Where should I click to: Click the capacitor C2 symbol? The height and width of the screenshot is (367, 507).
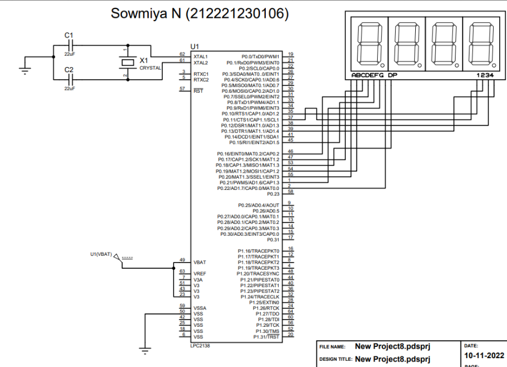(x=70, y=79)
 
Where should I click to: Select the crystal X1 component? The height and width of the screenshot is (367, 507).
(x=127, y=63)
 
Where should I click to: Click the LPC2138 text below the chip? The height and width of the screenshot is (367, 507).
(x=201, y=345)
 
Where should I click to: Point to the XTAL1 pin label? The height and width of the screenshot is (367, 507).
(x=200, y=57)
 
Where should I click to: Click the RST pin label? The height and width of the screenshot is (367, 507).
(x=198, y=91)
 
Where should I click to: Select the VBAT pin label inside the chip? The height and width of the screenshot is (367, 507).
(x=200, y=262)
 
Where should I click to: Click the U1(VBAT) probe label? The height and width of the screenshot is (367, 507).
(x=100, y=255)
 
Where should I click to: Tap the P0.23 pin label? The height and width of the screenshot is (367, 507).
(x=273, y=194)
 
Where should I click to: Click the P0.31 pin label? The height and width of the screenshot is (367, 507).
(x=273, y=240)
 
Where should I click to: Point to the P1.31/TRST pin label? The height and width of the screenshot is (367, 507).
(x=266, y=337)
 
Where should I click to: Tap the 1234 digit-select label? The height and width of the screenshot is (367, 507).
(x=486, y=75)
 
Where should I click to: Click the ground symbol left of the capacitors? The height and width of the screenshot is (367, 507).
(x=24, y=69)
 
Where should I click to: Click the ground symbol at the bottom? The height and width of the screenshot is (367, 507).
(x=145, y=351)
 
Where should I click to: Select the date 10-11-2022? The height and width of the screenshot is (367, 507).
(x=484, y=356)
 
